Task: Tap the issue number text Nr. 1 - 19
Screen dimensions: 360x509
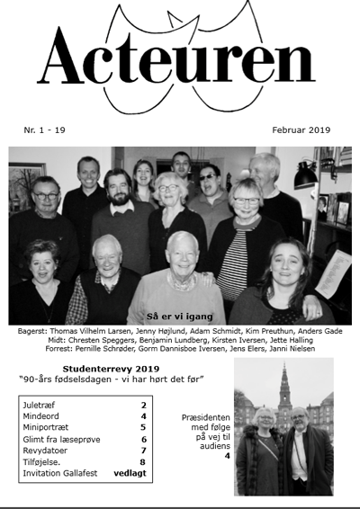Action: point(50,130)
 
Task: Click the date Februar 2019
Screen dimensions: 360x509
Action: point(301,130)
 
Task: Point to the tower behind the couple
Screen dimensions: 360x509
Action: point(284,387)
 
